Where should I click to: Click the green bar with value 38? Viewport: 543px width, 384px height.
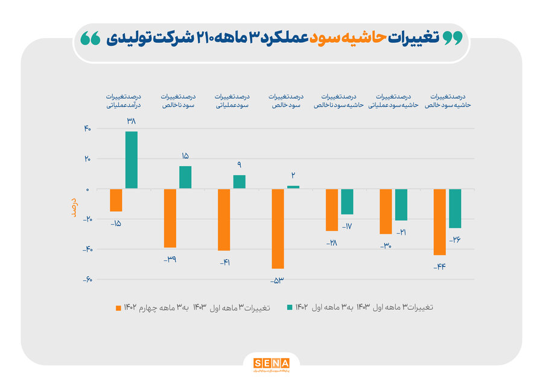[132, 160]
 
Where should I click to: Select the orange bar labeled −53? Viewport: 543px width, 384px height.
[278, 228]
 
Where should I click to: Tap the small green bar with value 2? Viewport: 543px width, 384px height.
[293, 187]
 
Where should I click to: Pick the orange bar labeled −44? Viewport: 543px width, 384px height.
[439, 222]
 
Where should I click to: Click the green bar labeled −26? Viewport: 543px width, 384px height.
[455, 208]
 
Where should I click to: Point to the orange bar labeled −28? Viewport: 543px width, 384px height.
[331, 210]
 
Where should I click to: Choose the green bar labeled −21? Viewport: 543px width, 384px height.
[401, 205]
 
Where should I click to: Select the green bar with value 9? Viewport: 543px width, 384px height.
[240, 182]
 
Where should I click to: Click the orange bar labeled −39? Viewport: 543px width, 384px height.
[170, 218]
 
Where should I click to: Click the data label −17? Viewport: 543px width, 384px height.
[347, 226]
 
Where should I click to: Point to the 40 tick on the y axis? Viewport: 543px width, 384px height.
[87, 129]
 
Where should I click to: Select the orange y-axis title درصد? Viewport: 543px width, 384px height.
[74, 206]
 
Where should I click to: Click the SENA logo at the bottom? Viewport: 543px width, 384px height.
[271, 363]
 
